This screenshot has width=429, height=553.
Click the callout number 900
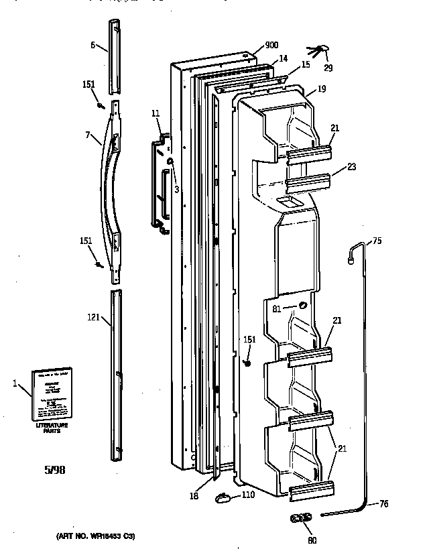coord(271,45)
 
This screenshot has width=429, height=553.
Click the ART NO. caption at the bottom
coord(94,536)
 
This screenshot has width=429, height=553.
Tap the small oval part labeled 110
coord(223,497)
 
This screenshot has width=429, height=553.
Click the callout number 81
coord(277,308)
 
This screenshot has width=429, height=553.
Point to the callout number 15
coord(305,65)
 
